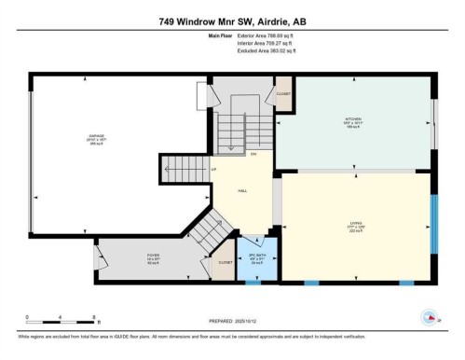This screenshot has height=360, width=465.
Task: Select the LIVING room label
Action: (354, 222)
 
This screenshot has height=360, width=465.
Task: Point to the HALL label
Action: (242, 190)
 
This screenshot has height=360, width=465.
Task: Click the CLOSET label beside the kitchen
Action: (282, 93)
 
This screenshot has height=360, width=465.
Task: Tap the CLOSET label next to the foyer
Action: (225, 263)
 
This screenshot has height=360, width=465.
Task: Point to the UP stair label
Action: (213, 169)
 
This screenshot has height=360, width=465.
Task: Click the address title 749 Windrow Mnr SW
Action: (232, 21)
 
